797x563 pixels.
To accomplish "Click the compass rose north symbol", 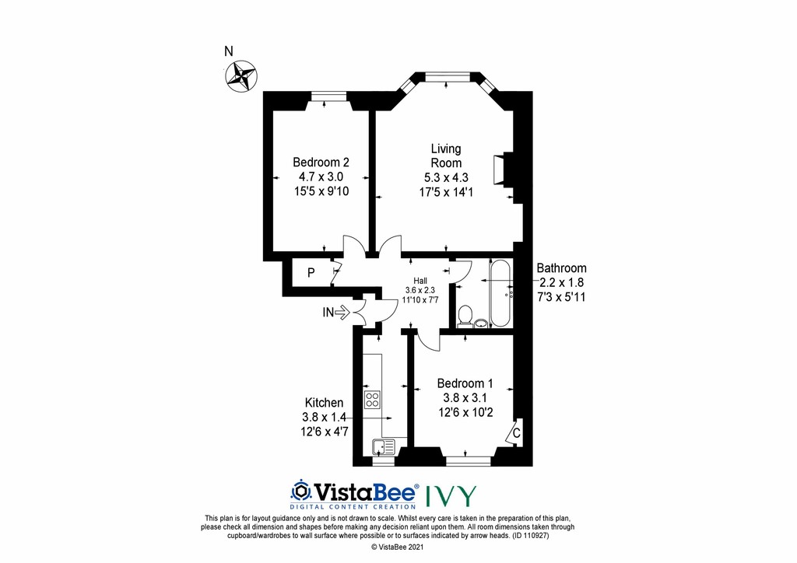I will click(x=241, y=75).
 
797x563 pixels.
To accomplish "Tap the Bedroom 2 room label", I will click(x=321, y=163).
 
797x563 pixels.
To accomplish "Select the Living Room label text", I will click(x=446, y=156).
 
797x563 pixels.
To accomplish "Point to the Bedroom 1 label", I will click(x=465, y=383).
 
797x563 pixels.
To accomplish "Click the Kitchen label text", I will click(x=324, y=403).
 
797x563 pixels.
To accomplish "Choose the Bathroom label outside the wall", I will click(x=562, y=268).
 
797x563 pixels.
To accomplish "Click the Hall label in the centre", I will click(x=421, y=281).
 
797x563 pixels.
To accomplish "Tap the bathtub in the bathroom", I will click(x=499, y=293).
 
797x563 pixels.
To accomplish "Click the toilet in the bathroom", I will click(x=465, y=315).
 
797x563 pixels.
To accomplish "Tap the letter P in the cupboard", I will click(x=311, y=273).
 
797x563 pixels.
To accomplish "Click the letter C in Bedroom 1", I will click(x=516, y=432).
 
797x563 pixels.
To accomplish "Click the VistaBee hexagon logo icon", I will click(x=300, y=491).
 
